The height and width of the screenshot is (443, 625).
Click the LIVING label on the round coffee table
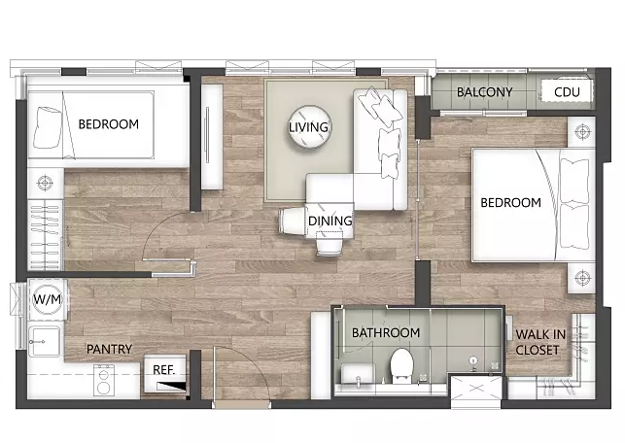pyautogui.click(x=308, y=127)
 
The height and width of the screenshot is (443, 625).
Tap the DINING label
pyautogui.click(x=330, y=221)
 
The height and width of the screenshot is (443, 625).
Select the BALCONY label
pyautogui.click(x=484, y=92)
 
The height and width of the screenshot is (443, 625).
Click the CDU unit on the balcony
pyautogui.click(x=567, y=91)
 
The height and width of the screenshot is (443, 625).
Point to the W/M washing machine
pyautogui.click(x=47, y=299)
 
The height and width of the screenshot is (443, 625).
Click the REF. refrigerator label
pyautogui.click(x=164, y=370)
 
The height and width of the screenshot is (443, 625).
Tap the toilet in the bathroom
pyautogui.click(x=401, y=365)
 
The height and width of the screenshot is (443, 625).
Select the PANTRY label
pyautogui.click(x=109, y=349)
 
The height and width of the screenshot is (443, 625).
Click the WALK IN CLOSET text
pyautogui.click(x=540, y=342)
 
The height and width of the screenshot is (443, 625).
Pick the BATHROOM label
pyautogui.click(x=386, y=332)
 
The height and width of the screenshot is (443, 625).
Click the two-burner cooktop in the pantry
pyautogui.click(x=104, y=380)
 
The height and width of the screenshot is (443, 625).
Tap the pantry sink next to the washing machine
pyautogui.click(x=45, y=341)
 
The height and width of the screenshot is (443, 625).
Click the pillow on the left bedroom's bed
pyautogui.click(x=48, y=127)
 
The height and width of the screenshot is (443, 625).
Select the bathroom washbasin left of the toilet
pyautogui.click(x=358, y=373)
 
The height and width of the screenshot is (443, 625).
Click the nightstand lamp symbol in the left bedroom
pyautogui.click(x=45, y=184)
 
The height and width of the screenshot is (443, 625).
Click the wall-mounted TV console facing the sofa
pyautogui.click(x=212, y=136)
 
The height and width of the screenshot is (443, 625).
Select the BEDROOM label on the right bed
pyautogui.click(x=510, y=202)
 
